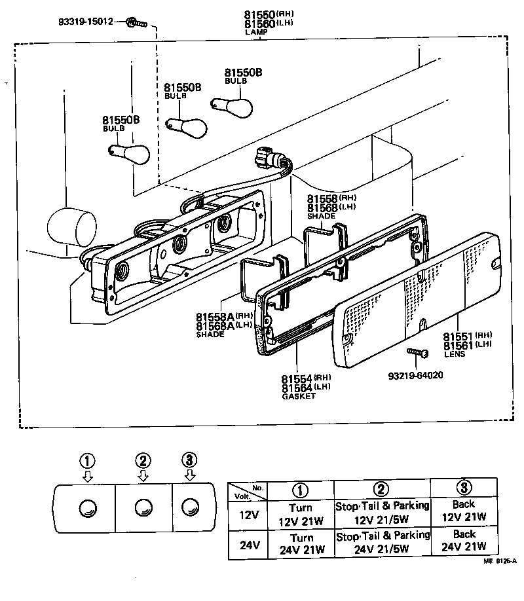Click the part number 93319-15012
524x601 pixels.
[x=85, y=23]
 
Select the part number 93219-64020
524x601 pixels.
[x=417, y=376]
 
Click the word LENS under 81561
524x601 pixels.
[x=454, y=354]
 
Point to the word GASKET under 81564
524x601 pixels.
[x=298, y=396]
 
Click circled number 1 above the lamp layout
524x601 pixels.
[x=86, y=460]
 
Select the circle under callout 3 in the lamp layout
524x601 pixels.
[x=189, y=506]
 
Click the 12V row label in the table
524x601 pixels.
[x=249, y=514]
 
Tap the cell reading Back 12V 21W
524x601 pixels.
[x=463, y=511]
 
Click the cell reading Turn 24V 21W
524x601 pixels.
[x=301, y=543]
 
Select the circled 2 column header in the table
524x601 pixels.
[x=382, y=488]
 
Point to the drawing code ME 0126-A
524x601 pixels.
[x=500, y=561]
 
